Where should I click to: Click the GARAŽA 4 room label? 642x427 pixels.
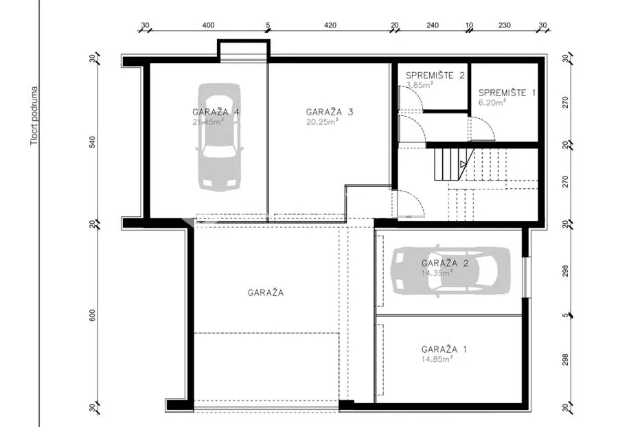[216, 112]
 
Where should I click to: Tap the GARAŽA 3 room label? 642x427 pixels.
[330, 112]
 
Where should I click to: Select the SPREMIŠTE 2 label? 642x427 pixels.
[435, 76]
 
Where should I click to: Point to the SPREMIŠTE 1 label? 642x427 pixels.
[507, 93]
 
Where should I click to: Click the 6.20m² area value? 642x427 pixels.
[492, 102]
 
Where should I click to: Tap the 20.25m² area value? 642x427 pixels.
[322, 122]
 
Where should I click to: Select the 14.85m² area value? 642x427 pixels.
[437, 359]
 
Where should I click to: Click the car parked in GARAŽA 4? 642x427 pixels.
[220, 137]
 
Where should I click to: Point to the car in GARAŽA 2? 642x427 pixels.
[450, 270]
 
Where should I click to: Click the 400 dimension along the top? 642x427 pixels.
[209, 25]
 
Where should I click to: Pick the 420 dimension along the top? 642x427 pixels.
[330, 25]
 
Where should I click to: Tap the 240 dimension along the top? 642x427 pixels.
[433, 25]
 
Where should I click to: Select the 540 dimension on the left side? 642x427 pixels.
[92, 142]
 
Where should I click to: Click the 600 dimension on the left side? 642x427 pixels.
[92, 315]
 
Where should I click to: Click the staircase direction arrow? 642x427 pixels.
[463, 164]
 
